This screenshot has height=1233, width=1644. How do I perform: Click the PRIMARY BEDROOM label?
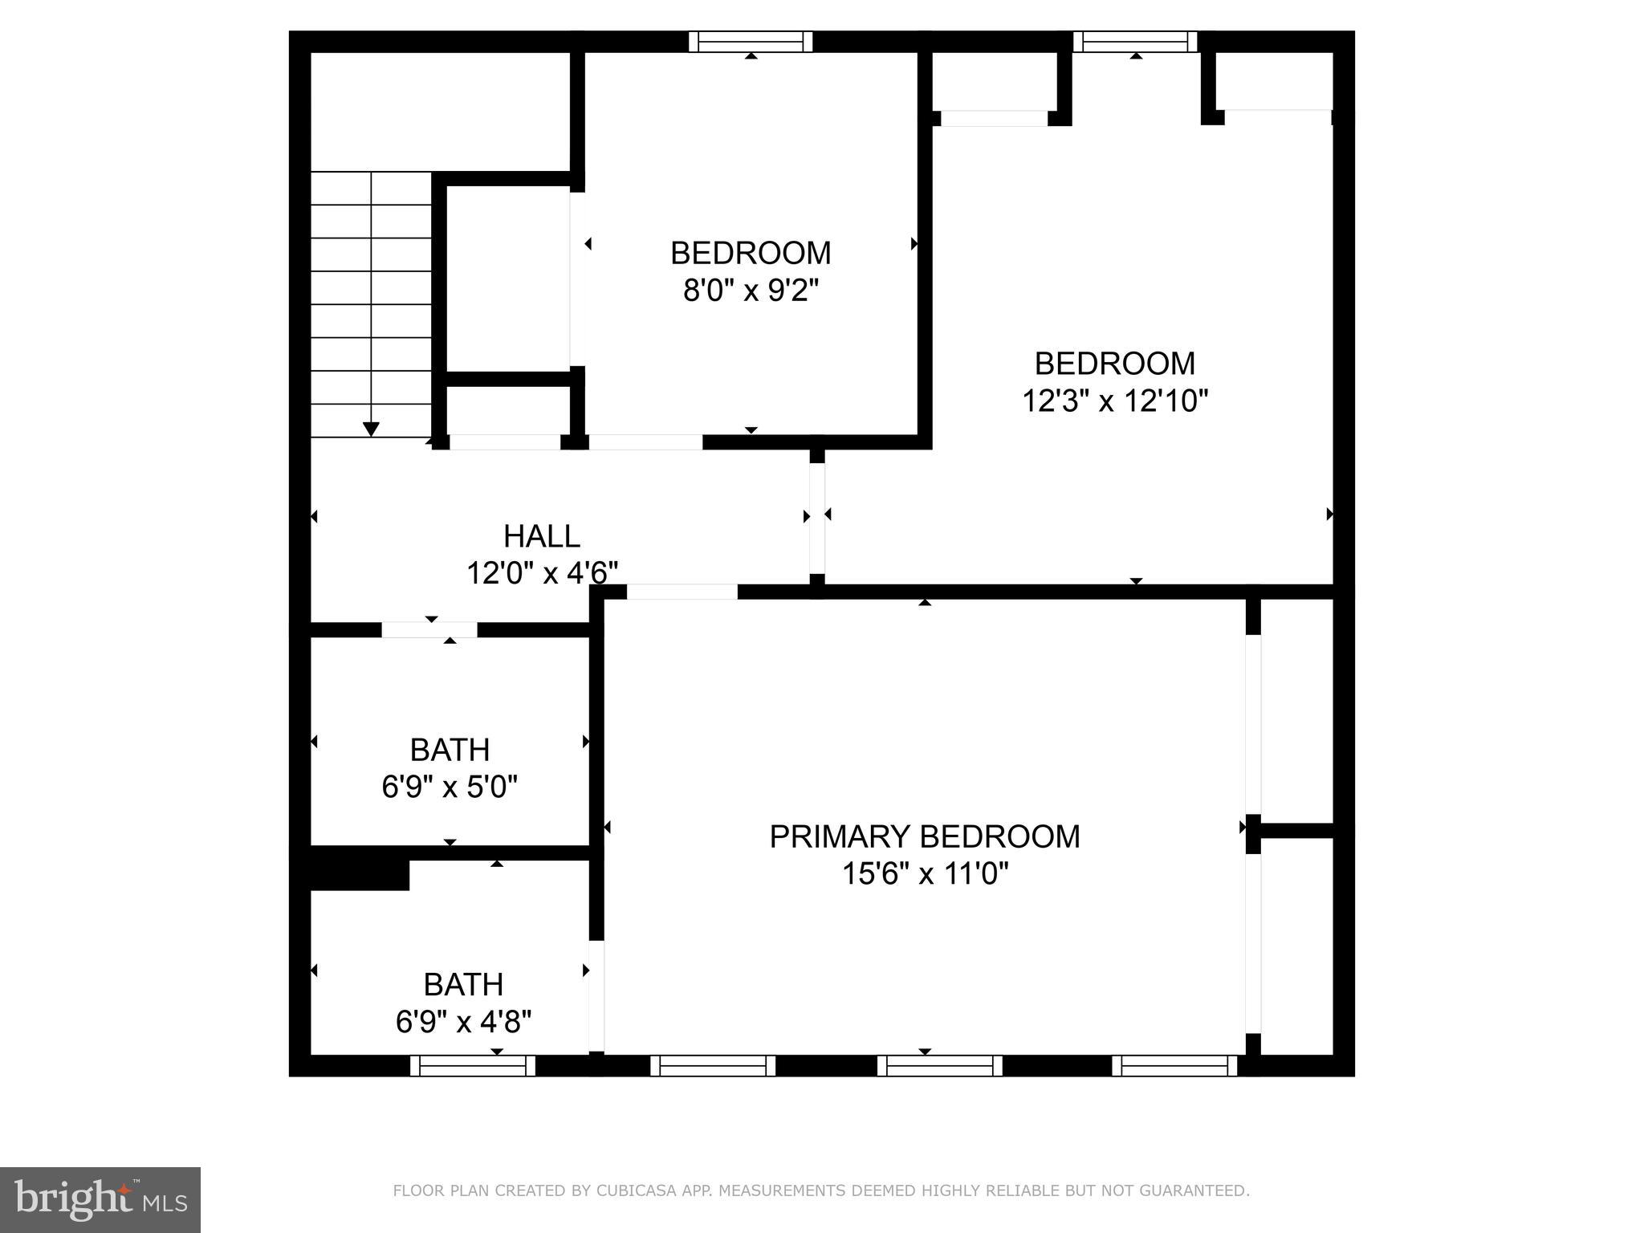tap(925, 836)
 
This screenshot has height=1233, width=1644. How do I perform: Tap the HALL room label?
tap(542, 536)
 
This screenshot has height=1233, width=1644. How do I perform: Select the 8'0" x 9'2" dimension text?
tap(751, 290)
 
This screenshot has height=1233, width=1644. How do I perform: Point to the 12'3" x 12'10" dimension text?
tap(1115, 400)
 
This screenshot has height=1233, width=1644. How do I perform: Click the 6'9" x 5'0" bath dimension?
tap(450, 787)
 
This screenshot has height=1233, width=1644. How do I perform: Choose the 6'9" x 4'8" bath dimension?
tap(463, 1022)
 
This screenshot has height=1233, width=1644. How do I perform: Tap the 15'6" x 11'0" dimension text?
tap(925, 873)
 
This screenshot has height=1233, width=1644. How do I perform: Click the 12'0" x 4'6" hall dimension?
tap(542, 573)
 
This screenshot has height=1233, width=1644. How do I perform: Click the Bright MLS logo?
tap(100, 1200)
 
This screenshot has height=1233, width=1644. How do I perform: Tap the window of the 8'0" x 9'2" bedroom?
tap(751, 42)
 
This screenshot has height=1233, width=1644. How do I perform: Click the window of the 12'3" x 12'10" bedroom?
tap(1135, 42)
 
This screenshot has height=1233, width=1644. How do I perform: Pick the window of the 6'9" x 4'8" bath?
tap(473, 1065)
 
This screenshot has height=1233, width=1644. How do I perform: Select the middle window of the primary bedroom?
tap(940, 1065)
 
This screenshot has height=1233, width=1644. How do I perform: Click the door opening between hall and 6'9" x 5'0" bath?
tap(429, 630)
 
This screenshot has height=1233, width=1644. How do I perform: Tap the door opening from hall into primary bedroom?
tap(682, 592)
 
